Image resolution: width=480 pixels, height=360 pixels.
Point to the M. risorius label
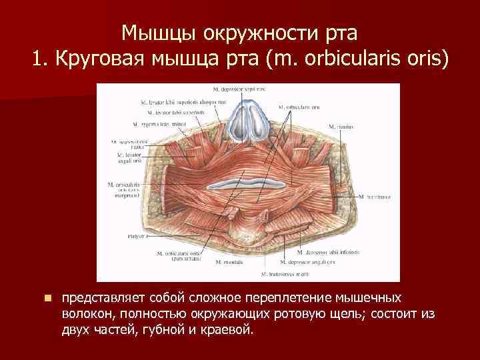pyautogui.click(x=341, y=127)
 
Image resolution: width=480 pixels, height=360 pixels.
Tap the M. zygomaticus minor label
pyautogui.click(x=157, y=124)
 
